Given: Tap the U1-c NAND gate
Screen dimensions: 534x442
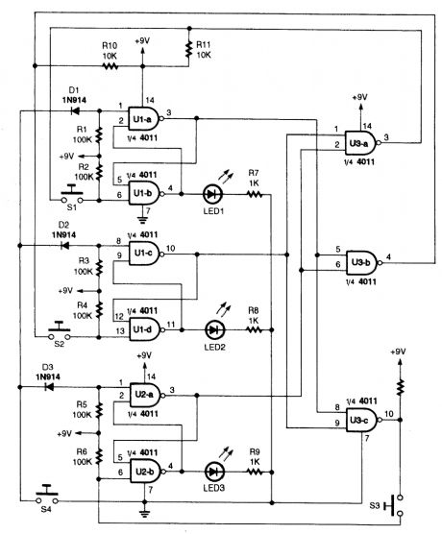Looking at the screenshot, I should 145,252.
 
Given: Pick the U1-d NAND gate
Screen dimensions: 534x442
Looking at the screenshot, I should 145,328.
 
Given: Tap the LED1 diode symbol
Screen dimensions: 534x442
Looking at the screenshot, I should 211,192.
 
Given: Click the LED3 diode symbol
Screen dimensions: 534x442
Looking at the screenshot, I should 211,468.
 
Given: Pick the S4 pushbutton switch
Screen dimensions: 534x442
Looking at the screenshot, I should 45,497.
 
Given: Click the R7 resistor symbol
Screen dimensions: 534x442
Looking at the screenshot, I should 255,192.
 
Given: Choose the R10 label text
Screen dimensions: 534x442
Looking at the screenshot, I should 110,45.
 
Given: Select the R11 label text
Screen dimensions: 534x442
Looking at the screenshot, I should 203,45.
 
